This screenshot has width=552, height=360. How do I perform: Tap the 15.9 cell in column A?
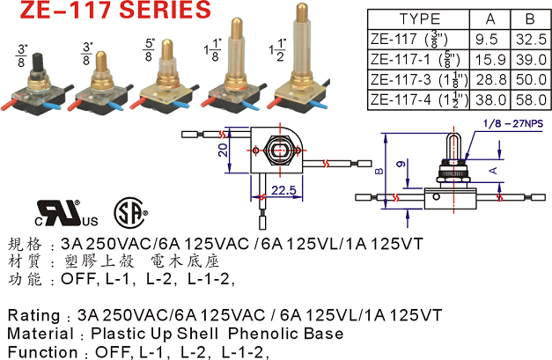pyautogui.click(x=490, y=60)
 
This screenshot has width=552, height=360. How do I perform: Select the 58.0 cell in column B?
pyautogui.click(x=531, y=100)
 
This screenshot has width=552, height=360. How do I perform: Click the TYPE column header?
pyautogui.click(x=420, y=19)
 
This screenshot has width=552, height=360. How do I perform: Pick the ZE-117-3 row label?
pyautogui.click(x=401, y=80)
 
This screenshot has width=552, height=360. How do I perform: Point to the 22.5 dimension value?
pyautogui.click(x=283, y=190)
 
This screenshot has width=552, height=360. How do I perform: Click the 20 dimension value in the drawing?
pyautogui.click(x=223, y=151)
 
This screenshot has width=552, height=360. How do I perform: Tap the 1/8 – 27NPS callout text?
pyautogui.click(x=513, y=123)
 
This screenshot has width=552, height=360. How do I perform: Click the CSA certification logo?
pyautogui.click(x=130, y=213)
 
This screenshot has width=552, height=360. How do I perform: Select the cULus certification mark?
pyautogui.click(x=67, y=213)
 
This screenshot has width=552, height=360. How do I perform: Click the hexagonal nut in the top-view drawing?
pyautogui.click(x=280, y=151)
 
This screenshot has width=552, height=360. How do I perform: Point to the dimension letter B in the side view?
pyautogui.click(x=379, y=172)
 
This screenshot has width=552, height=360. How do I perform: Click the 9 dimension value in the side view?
pyautogui.click(x=401, y=164)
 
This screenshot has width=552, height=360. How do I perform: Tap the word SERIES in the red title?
pyautogui.click(x=166, y=10)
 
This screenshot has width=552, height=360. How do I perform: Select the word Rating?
pyautogui.click(x=33, y=315)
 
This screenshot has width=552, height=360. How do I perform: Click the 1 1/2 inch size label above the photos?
pyautogui.click(x=277, y=49)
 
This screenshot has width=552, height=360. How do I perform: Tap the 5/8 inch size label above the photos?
pyautogui.click(x=149, y=49)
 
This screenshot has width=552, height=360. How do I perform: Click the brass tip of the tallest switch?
pyautogui.click(x=302, y=12)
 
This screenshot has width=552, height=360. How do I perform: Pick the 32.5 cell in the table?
pyautogui.click(x=531, y=40)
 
